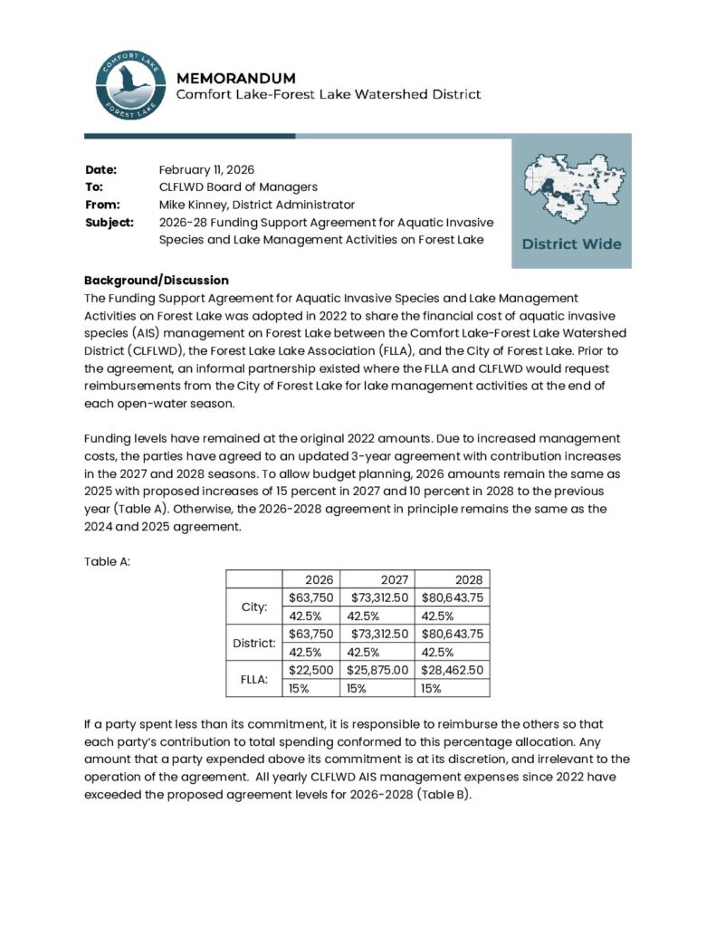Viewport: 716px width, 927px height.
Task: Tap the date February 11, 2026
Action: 206,169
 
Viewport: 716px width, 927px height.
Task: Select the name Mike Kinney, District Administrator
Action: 256,205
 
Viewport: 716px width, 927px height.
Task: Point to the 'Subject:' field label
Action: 110,222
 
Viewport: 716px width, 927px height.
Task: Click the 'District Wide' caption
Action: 571,244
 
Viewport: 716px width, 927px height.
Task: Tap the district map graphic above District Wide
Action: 571,187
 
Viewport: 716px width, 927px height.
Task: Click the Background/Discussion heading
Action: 156,280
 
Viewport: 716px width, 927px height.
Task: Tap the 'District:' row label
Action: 253,642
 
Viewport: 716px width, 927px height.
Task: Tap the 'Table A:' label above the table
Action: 108,560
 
